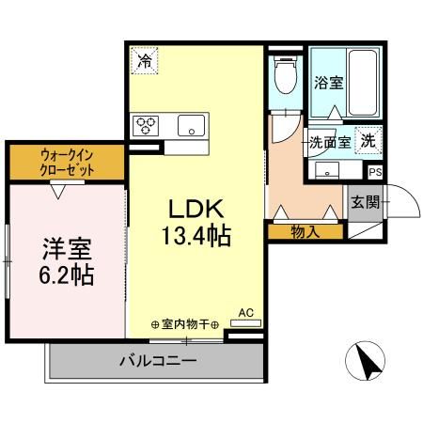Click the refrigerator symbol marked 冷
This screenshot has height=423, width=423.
click(x=145, y=60)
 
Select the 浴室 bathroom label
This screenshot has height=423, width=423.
click(x=329, y=83)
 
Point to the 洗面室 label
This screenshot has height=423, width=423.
click(x=330, y=143)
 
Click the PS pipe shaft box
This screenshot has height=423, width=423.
click(x=375, y=172)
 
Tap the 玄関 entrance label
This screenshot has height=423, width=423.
click(x=365, y=201)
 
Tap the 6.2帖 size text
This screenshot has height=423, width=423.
click(x=66, y=277)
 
